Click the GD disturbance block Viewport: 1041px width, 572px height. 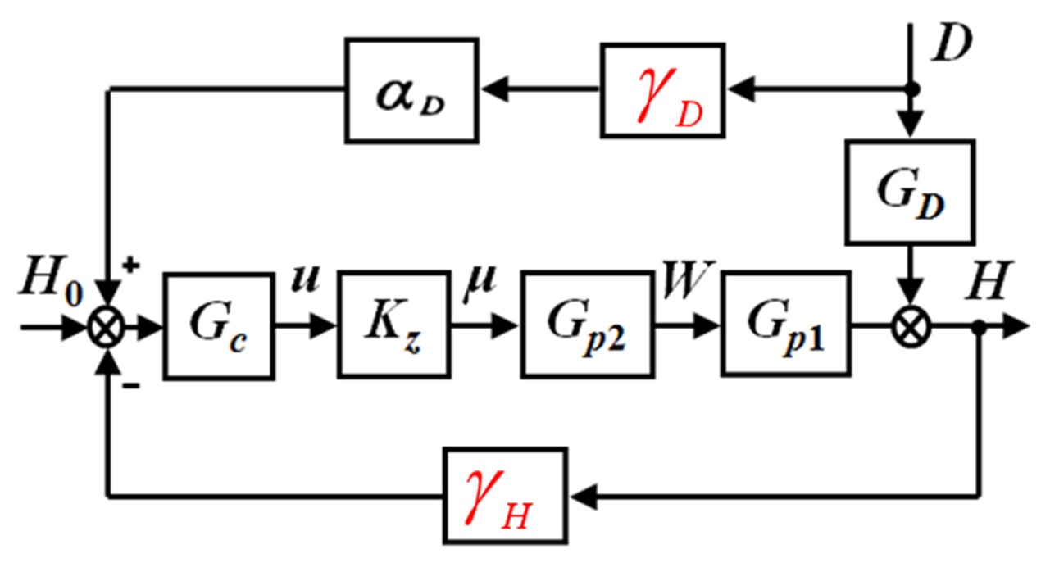(x=910, y=192)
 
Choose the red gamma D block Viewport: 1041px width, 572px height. (x=663, y=90)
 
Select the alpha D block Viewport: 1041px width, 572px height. (x=410, y=90)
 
